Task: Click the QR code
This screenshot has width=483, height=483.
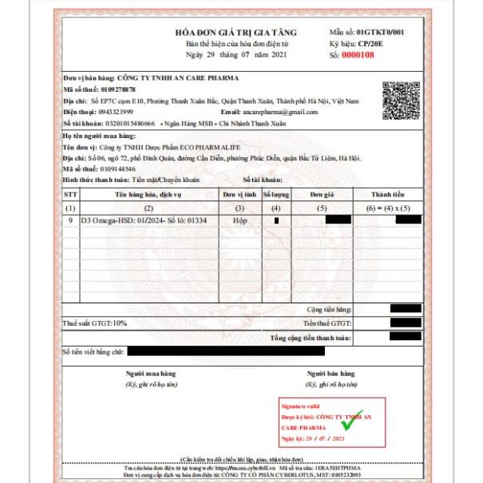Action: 402,100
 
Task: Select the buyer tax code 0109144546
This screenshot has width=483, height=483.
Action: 113,169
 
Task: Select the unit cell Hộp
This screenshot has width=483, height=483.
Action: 232,219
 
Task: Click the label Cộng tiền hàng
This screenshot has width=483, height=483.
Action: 331,309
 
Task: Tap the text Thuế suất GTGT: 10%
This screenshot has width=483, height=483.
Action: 96,323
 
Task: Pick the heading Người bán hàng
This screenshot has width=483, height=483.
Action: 331,374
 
